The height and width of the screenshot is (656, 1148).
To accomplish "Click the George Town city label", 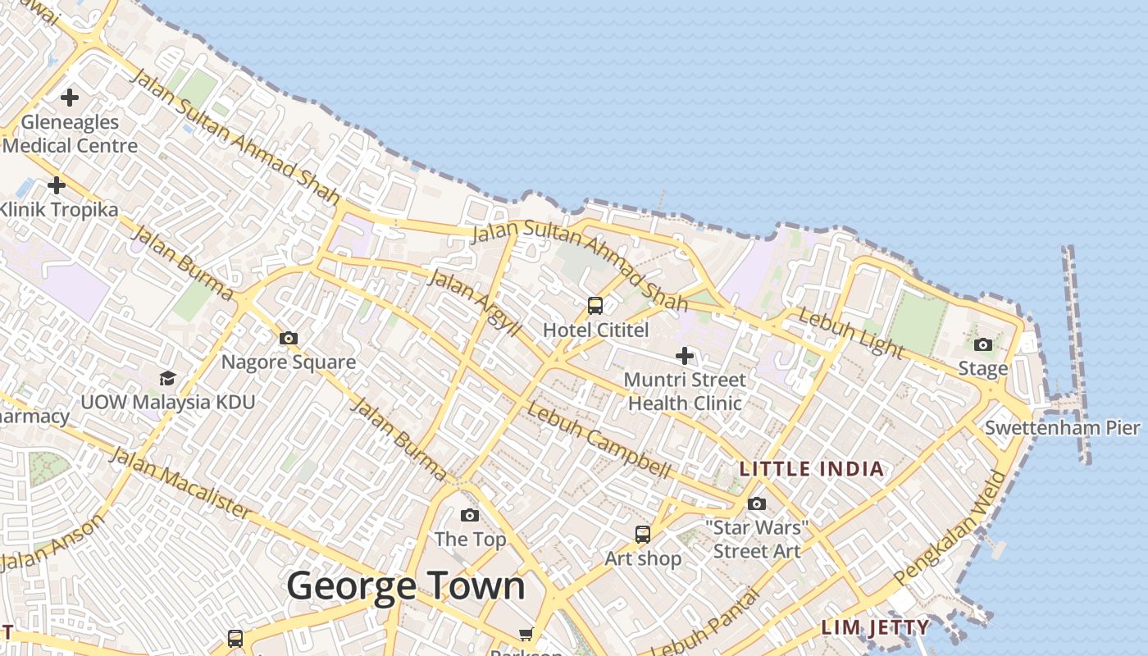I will pyautogui.click(x=405, y=586).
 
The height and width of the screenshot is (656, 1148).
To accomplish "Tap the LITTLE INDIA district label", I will pyautogui.click(x=812, y=469).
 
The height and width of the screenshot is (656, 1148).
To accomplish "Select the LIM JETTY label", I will pyautogui.click(x=876, y=628).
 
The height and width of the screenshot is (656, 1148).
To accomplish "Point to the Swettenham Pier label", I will pyautogui.click(x=1062, y=427).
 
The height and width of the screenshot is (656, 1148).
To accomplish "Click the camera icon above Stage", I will pyautogui.click(x=983, y=344).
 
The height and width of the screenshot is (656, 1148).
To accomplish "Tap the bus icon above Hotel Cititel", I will pyautogui.click(x=595, y=306).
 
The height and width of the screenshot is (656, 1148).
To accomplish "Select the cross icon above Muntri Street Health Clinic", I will pyautogui.click(x=685, y=356).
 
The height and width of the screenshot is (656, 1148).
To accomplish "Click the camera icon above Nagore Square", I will pyautogui.click(x=288, y=338).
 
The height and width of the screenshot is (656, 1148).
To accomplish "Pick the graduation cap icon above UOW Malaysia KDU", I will pyautogui.click(x=167, y=378).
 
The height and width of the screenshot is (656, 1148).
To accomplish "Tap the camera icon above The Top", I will pyautogui.click(x=470, y=515).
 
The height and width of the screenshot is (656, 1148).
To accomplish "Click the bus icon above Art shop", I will pyautogui.click(x=643, y=535).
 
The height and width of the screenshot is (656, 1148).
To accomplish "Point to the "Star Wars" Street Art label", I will pyautogui.click(x=757, y=539).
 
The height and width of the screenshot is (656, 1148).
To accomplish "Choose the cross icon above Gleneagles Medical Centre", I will pyautogui.click(x=70, y=98).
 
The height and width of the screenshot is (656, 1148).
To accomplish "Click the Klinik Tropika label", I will pyautogui.click(x=59, y=209).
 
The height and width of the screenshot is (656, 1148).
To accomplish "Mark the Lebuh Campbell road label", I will pyautogui.click(x=599, y=440).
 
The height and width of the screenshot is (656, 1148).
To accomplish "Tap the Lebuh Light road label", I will pyautogui.click(x=851, y=334).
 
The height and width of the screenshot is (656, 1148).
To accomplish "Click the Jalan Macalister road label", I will pyautogui.click(x=180, y=483).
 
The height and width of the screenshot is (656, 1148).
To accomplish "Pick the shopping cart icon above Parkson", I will pyautogui.click(x=526, y=634).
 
